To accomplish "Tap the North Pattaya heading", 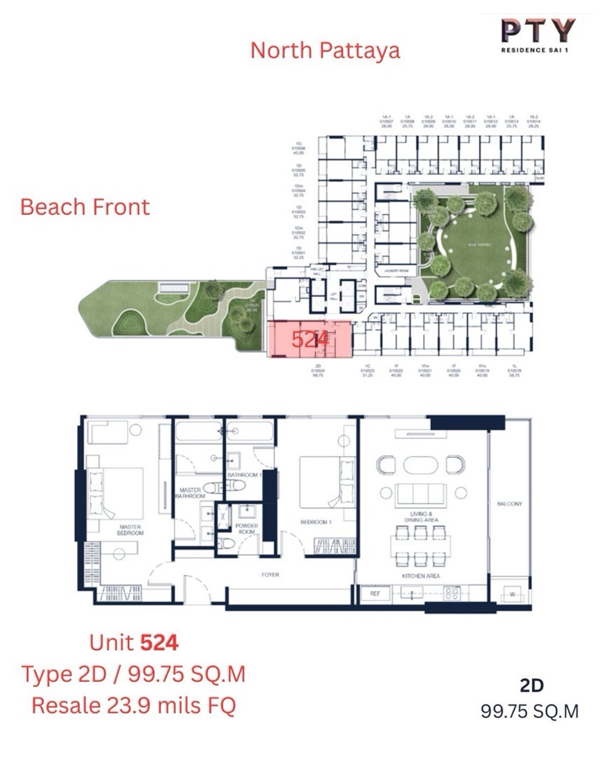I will (325, 51).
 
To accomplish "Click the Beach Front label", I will (85, 207).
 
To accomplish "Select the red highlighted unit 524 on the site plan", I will (309, 339).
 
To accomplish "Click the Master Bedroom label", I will (130, 530).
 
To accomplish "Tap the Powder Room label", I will (246, 529).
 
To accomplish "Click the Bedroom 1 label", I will (316, 522).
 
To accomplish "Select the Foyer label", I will (270, 575).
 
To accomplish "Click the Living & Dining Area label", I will (421, 516).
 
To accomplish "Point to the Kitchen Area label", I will (421, 576).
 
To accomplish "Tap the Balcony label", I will (509, 504).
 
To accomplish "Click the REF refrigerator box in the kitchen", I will (375, 593).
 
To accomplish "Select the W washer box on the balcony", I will (512, 594).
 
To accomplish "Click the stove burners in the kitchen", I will (451, 594).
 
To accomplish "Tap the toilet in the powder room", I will (228, 544).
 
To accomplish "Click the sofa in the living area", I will (421, 494).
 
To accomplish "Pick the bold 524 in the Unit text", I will (159, 643).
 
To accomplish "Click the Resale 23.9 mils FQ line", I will (134, 705).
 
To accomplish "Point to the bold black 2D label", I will (531, 685).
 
